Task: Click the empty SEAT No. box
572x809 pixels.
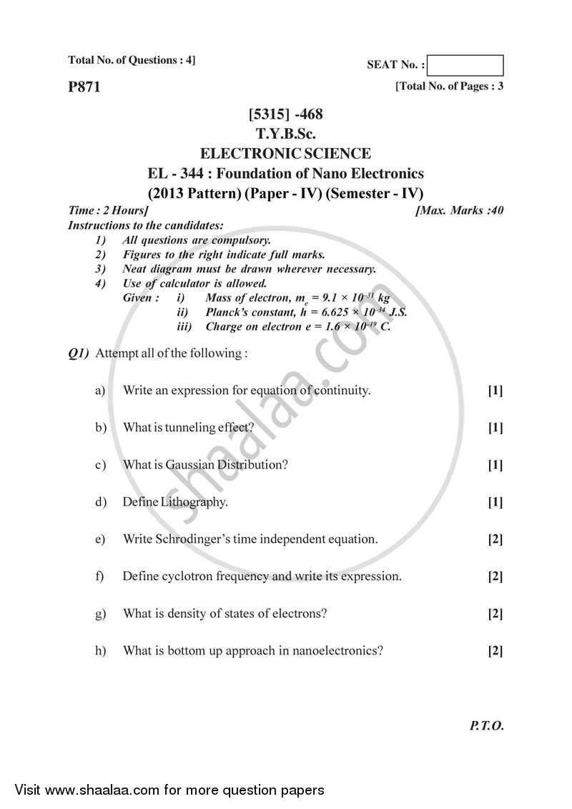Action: (x=468, y=66)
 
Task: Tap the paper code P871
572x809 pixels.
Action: (x=84, y=87)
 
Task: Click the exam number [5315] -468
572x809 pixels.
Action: (x=285, y=114)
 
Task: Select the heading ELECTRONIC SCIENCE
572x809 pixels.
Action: (x=285, y=153)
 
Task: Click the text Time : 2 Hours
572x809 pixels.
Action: (x=108, y=211)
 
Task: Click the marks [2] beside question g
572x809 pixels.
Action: (x=495, y=614)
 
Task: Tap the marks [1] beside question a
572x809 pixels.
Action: (x=495, y=391)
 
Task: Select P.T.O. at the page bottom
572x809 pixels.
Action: (x=487, y=725)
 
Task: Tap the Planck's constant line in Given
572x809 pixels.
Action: (x=306, y=313)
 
